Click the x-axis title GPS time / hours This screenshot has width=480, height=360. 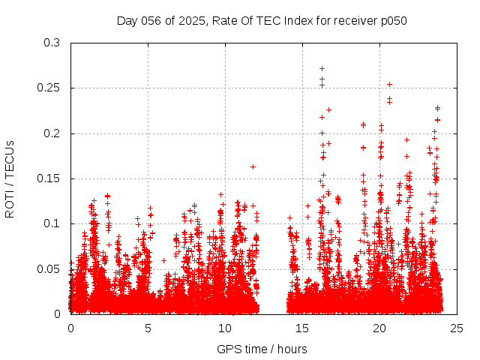pyautogui.click(x=262, y=349)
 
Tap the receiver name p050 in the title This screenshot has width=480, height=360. pyautogui.click(x=392, y=20)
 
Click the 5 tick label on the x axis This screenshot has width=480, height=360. pyautogui.click(x=148, y=328)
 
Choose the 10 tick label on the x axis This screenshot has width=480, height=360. pyautogui.click(x=225, y=328)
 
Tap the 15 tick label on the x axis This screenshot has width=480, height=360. pyautogui.click(x=302, y=328)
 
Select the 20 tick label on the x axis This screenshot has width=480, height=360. pyautogui.click(x=379, y=328)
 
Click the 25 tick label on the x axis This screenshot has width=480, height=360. pyautogui.click(x=457, y=328)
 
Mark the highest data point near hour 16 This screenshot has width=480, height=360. pyautogui.click(x=322, y=69)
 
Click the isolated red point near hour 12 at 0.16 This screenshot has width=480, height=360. pyautogui.click(x=253, y=166)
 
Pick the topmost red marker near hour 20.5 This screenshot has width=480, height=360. pyautogui.click(x=389, y=84)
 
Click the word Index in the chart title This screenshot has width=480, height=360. pyautogui.click(x=306, y=20)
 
